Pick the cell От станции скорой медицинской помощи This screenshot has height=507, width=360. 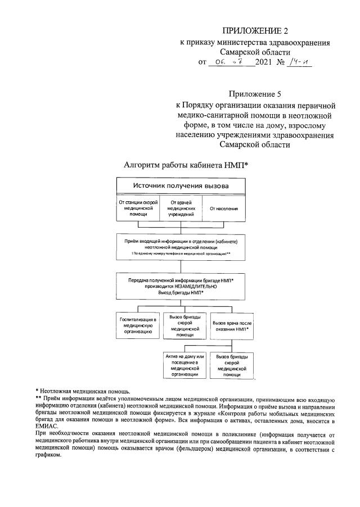pos(138,208)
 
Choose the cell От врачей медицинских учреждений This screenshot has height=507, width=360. pos(181,208)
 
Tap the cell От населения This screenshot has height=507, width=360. pos(223,209)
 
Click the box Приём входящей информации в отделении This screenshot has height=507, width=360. pos(181,247)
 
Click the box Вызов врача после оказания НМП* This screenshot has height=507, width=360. pos(231,327)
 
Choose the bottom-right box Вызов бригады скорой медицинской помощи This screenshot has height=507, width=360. pos(231,365)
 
